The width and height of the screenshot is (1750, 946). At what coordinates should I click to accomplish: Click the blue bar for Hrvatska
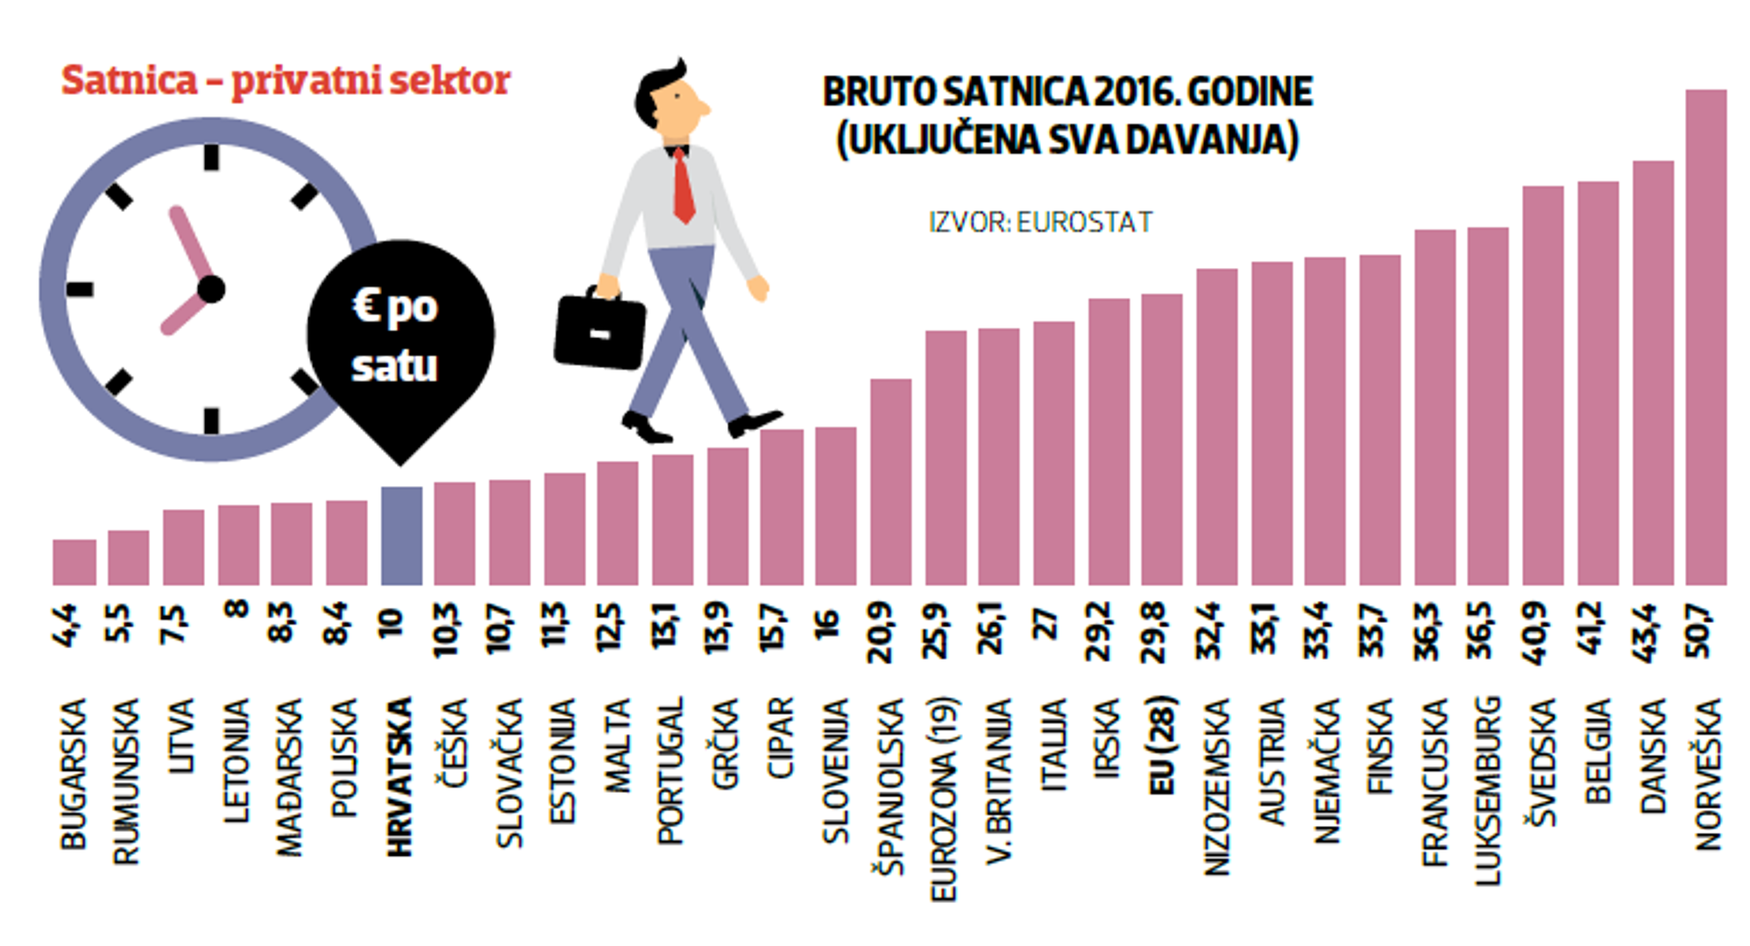401,536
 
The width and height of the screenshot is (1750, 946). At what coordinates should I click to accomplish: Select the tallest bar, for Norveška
1705,337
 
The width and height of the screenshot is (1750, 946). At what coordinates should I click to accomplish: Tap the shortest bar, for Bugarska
74,562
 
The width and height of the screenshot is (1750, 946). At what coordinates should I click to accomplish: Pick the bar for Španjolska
890,482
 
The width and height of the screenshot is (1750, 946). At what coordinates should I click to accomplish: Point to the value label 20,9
881,632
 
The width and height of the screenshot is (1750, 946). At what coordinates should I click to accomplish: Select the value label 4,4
66,625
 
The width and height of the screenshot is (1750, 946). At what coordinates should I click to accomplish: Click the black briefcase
600,332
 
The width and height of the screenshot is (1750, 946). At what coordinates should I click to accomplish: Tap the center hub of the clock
211,289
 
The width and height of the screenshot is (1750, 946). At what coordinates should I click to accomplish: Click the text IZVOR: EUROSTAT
1040,222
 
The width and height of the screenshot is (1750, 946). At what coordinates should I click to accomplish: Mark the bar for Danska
1653,373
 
